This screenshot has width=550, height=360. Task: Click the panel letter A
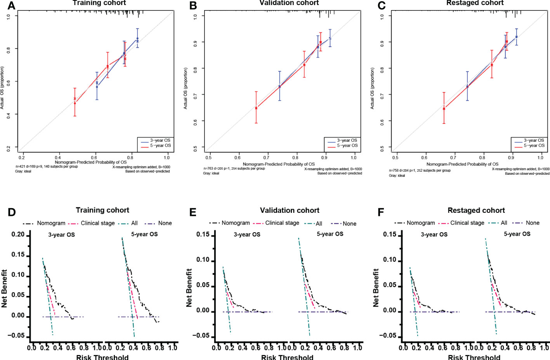coord(11,5)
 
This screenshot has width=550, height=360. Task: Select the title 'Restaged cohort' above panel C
coord(475,3)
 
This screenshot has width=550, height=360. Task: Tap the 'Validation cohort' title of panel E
coord(290,210)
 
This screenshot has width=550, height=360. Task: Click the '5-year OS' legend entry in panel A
coord(160,146)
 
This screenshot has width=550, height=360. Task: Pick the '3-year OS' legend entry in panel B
coord(347,140)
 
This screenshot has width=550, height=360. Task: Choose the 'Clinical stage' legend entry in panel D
coord(97,223)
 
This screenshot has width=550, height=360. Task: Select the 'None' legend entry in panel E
coord(349,224)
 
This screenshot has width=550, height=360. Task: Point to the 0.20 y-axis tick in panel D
coord(18,235)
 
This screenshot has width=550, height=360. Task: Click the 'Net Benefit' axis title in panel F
coord(376,288)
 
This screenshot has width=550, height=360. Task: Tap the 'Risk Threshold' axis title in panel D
coord(102,357)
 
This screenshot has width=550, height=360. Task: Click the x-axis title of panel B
coord(279,164)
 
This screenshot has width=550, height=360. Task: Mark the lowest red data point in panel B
coord(256,108)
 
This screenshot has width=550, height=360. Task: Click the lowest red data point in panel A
coord(75,103)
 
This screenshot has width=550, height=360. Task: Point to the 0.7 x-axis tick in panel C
coord(453,158)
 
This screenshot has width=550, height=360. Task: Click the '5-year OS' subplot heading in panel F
coord(517,234)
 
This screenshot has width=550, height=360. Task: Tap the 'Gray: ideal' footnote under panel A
coord(23,171)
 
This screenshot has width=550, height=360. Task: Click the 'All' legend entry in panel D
coord(134,223)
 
